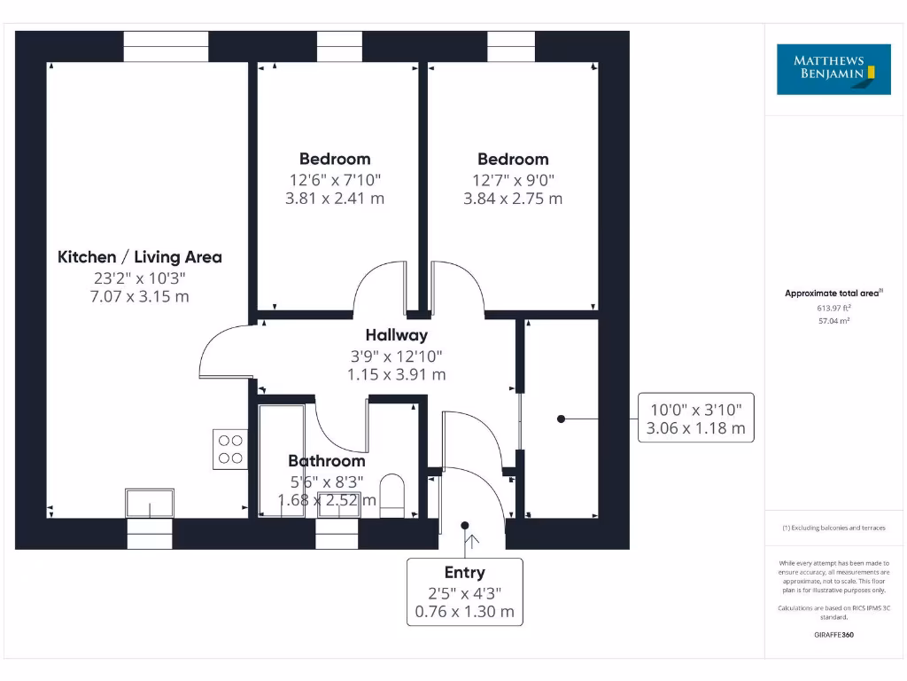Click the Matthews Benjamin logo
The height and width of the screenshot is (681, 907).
(x=833, y=68)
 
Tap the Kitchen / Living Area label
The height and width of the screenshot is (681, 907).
(x=140, y=257)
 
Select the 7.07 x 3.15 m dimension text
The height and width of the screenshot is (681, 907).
(x=140, y=296)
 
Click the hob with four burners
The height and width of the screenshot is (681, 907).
(x=230, y=449)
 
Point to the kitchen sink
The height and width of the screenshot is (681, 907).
(x=151, y=503)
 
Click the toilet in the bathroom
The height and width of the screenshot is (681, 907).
(x=391, y=494)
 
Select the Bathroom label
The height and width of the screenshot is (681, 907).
(x=326, y=461)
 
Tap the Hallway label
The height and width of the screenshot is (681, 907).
(x=396, y=335)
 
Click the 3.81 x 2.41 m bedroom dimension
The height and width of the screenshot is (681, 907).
(x=335, y=199)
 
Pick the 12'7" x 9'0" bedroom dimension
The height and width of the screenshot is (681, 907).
(x=513, y=179)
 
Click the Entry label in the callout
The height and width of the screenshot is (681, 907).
(x=464, y=573)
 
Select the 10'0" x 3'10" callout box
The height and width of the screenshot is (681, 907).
(x=696, y=418)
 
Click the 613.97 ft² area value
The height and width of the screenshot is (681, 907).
(x=833, y=308)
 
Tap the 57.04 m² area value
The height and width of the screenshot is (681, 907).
(x=833, y=321)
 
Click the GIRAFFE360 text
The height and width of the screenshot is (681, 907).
(x=833, y=635)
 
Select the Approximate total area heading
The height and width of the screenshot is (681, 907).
(x=833, y=293)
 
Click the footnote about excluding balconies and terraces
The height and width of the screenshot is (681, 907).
(x=833, y=528)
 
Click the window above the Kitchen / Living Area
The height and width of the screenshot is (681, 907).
(x=166, y=46)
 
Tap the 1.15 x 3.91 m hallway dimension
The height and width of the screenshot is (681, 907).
(x=396, y=375)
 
